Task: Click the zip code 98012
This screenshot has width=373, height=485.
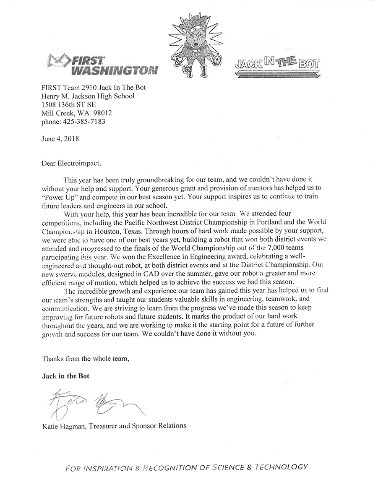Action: (103, 113)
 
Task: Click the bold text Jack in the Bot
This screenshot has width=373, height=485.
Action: (65, 376)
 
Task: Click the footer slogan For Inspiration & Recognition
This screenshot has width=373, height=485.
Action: (187, 467)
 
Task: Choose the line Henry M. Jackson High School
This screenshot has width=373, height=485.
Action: (88, 96)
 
